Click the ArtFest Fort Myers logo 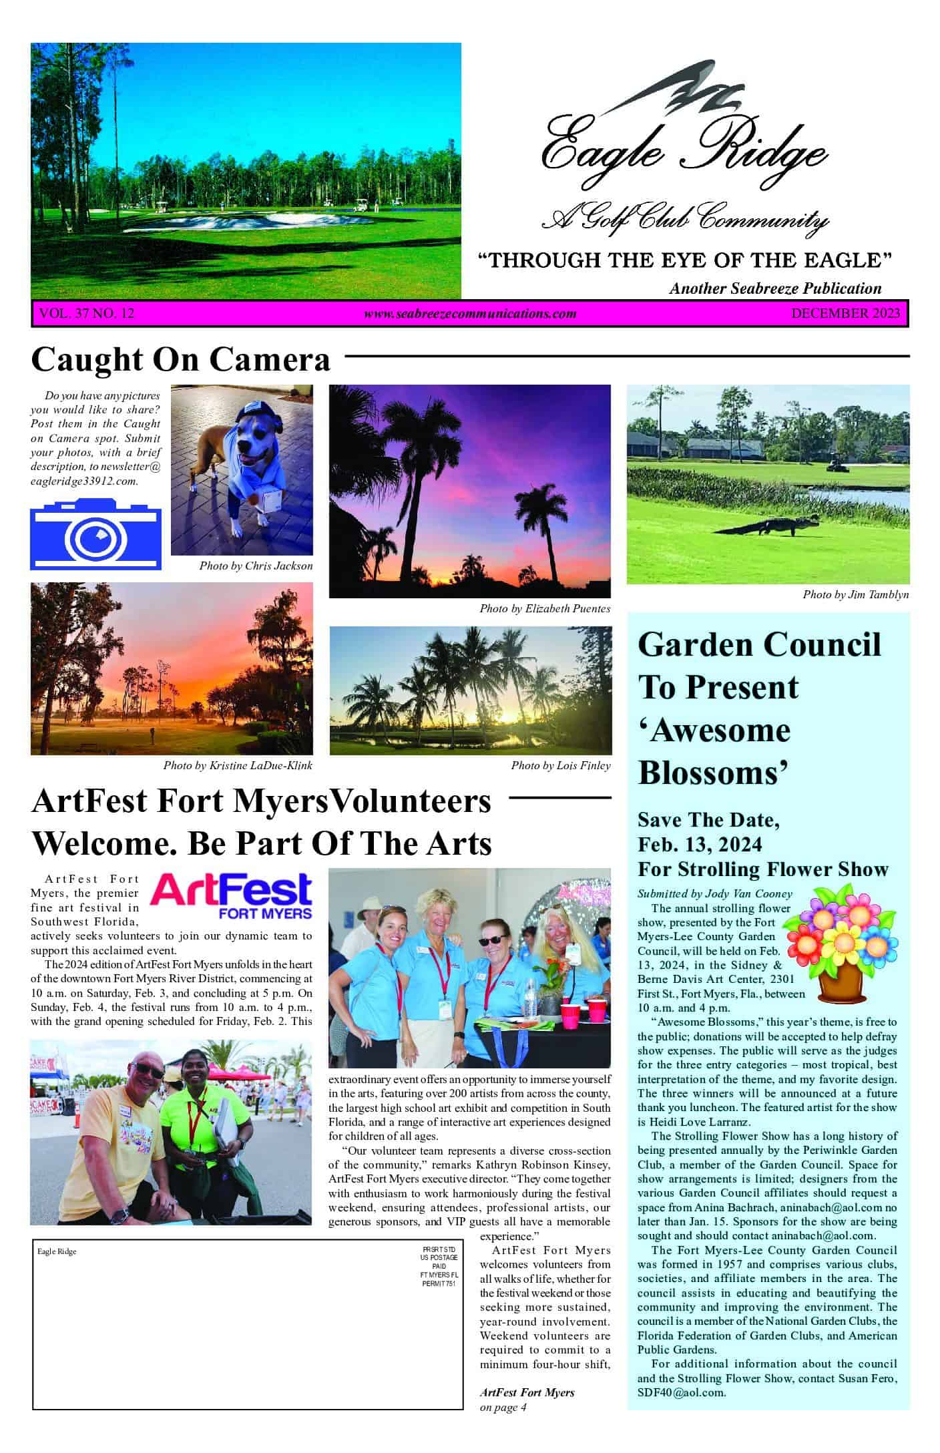[x=231, y=896]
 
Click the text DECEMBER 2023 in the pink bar [x=845, y=313]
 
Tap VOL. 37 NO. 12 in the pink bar [x=87, y=313]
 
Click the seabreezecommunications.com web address [x=470, y=314]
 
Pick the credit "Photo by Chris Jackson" [x=256, y=566]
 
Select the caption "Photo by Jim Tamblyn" [x=855, y=594]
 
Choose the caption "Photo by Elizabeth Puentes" [x=545, y=608]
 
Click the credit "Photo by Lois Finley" [x=561, y=765]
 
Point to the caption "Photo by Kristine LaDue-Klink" [x=238, y=765]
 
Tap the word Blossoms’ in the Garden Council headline [x=714, y=773]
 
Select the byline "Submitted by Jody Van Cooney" [x=714, y=893]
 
